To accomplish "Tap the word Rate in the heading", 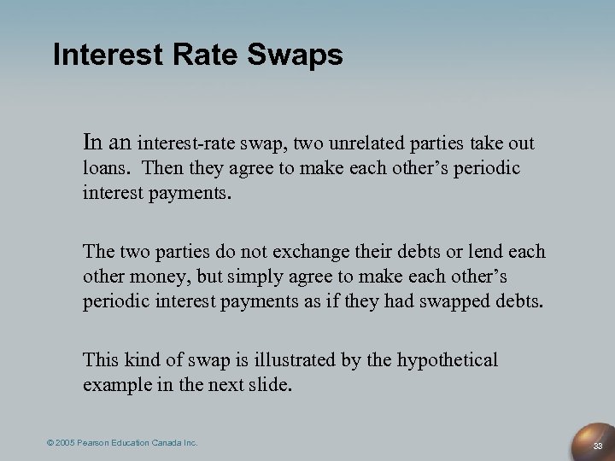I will tap(195, 55).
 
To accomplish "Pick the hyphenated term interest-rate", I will tap(187, 140).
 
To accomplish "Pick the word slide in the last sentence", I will tap(267, 383).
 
